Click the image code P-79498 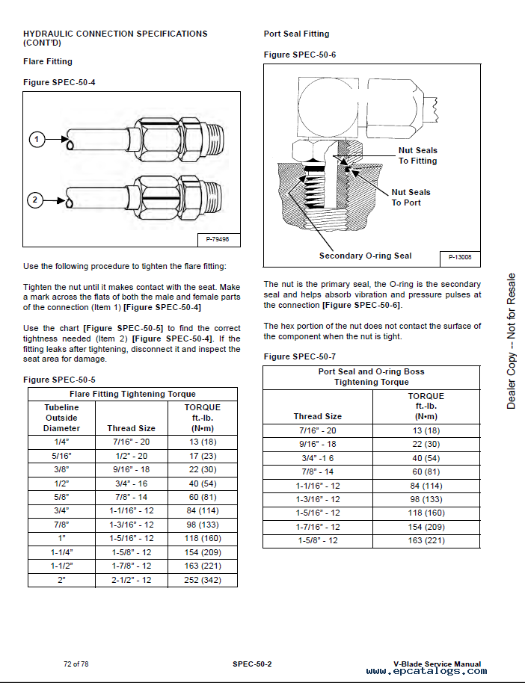click(218, 239)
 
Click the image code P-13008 click(459, 257)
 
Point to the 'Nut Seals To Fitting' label click(417, 155)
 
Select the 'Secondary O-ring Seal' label click(365, 256)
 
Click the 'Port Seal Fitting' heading click(296, 34)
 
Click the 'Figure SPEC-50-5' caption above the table click(59, 380)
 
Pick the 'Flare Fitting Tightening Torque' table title click(132, 394)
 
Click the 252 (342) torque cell click(203, 580)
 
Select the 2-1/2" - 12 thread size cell click(132, 580)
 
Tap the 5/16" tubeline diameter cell click(61, 456)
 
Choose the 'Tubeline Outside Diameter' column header click(61, 418)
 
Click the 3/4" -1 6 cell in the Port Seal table click(317, 457)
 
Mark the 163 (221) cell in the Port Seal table click(426, 540)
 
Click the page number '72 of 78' click(76, 664)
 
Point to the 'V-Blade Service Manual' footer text click(437, 664)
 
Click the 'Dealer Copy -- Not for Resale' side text click(512, 341)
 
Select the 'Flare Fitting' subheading click(48, 61)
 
